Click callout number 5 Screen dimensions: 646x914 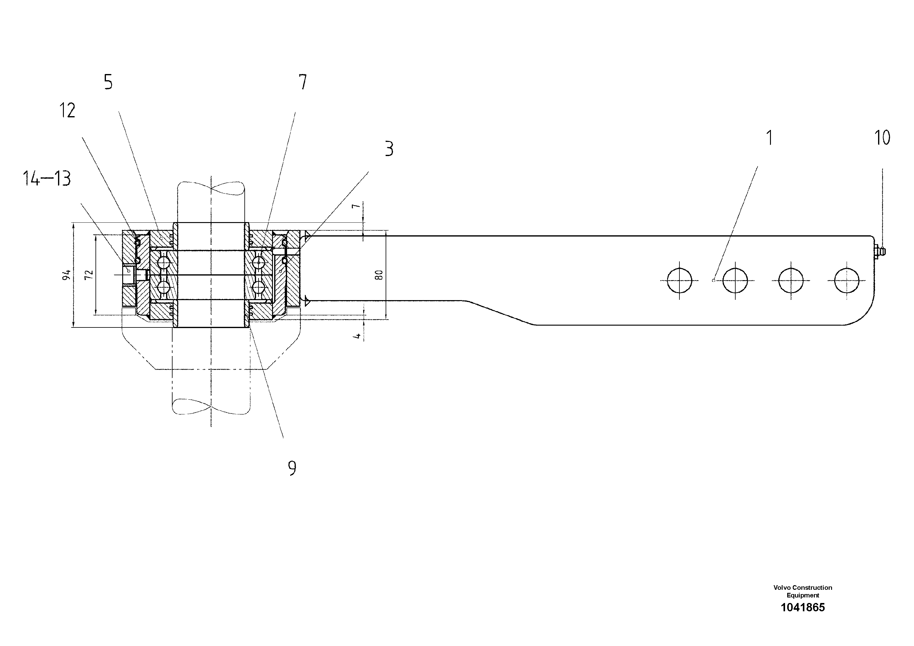(108, 82)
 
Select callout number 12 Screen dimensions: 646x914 (67, 110)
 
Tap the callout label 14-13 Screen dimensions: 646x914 (47, 178)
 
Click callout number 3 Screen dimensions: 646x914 (389, 149)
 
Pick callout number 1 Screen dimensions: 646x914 (769, 138)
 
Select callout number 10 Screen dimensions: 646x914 (882, 138)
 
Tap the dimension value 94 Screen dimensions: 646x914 (67, 275)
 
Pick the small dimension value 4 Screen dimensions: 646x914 (357, 336)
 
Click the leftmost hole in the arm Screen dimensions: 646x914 (679, 280)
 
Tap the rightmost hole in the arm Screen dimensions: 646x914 (847, 280)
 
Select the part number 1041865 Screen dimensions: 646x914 (803, 607)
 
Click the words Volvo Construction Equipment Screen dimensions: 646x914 (803, 591)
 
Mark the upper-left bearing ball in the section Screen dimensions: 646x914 (164, 262)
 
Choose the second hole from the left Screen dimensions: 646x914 (735, 280)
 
